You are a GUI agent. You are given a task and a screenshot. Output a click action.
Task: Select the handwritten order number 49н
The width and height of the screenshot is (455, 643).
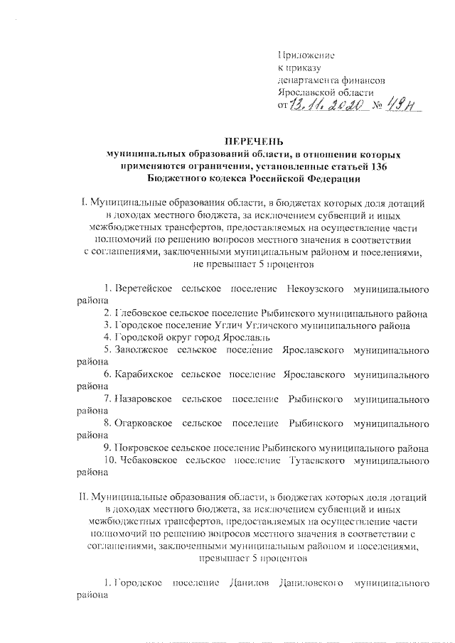point(402,106)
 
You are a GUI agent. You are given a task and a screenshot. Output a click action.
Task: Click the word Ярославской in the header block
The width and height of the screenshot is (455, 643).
point(309,93)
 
